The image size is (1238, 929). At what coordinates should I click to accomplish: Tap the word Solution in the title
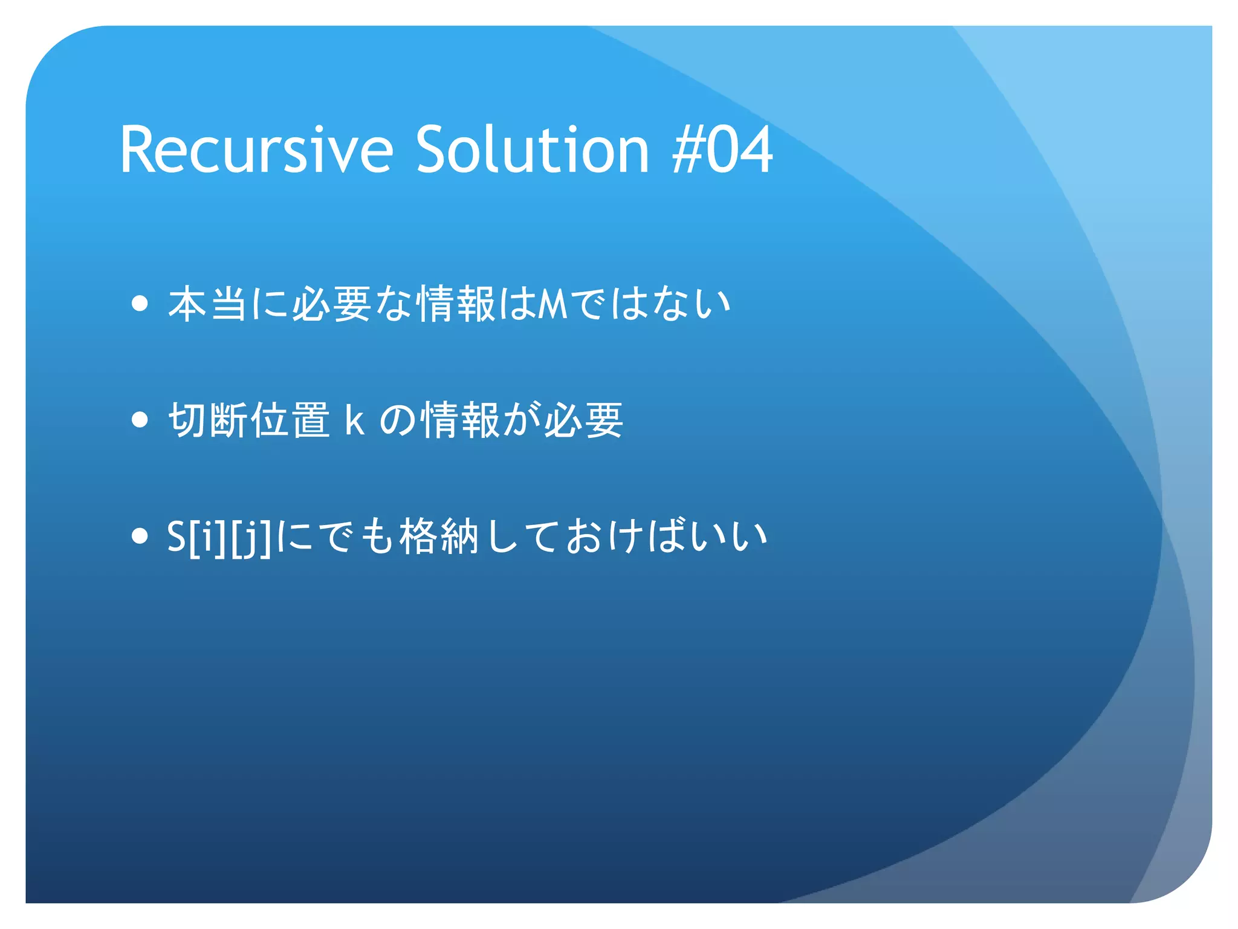532,150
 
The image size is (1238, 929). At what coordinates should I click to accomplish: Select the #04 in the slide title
722,150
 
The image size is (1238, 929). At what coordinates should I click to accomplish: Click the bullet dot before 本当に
140,304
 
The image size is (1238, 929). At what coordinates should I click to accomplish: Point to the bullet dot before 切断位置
140,420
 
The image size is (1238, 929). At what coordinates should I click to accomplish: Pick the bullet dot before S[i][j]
140,536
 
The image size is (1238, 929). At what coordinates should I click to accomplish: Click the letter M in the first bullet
553,304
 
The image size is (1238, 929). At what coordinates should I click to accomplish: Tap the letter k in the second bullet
354,420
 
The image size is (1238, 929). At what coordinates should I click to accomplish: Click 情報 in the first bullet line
457,304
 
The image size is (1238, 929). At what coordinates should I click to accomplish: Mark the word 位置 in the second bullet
290,420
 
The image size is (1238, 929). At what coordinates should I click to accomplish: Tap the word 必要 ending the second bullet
584,420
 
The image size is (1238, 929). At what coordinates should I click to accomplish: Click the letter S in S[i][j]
177,536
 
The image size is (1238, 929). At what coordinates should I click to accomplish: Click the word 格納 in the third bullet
439,536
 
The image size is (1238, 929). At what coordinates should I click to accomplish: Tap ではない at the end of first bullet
650,304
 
